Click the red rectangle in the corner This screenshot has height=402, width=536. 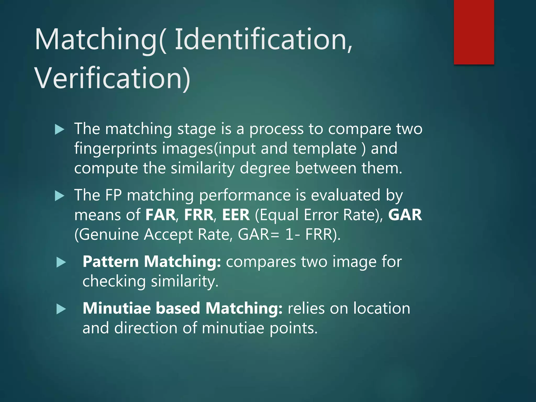click(474, 32)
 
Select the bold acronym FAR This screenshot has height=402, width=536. click(160, 215)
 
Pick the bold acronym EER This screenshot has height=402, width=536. click(236, 215)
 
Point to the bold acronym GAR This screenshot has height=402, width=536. click(405, 215)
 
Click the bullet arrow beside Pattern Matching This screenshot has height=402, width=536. click(61, 263)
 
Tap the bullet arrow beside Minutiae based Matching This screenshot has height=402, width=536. click(61, 309)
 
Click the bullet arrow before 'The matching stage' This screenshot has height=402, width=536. click(60, 130)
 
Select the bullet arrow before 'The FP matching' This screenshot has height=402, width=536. click(60, 196)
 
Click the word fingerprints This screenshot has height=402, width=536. click(115, 149)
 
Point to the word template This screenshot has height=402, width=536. click(325, 149)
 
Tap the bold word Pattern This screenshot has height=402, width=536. click(111, 262)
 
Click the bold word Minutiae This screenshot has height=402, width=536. click(117, 308)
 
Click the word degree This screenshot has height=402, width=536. click(265, 168)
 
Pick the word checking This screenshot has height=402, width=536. click(114, 282)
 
